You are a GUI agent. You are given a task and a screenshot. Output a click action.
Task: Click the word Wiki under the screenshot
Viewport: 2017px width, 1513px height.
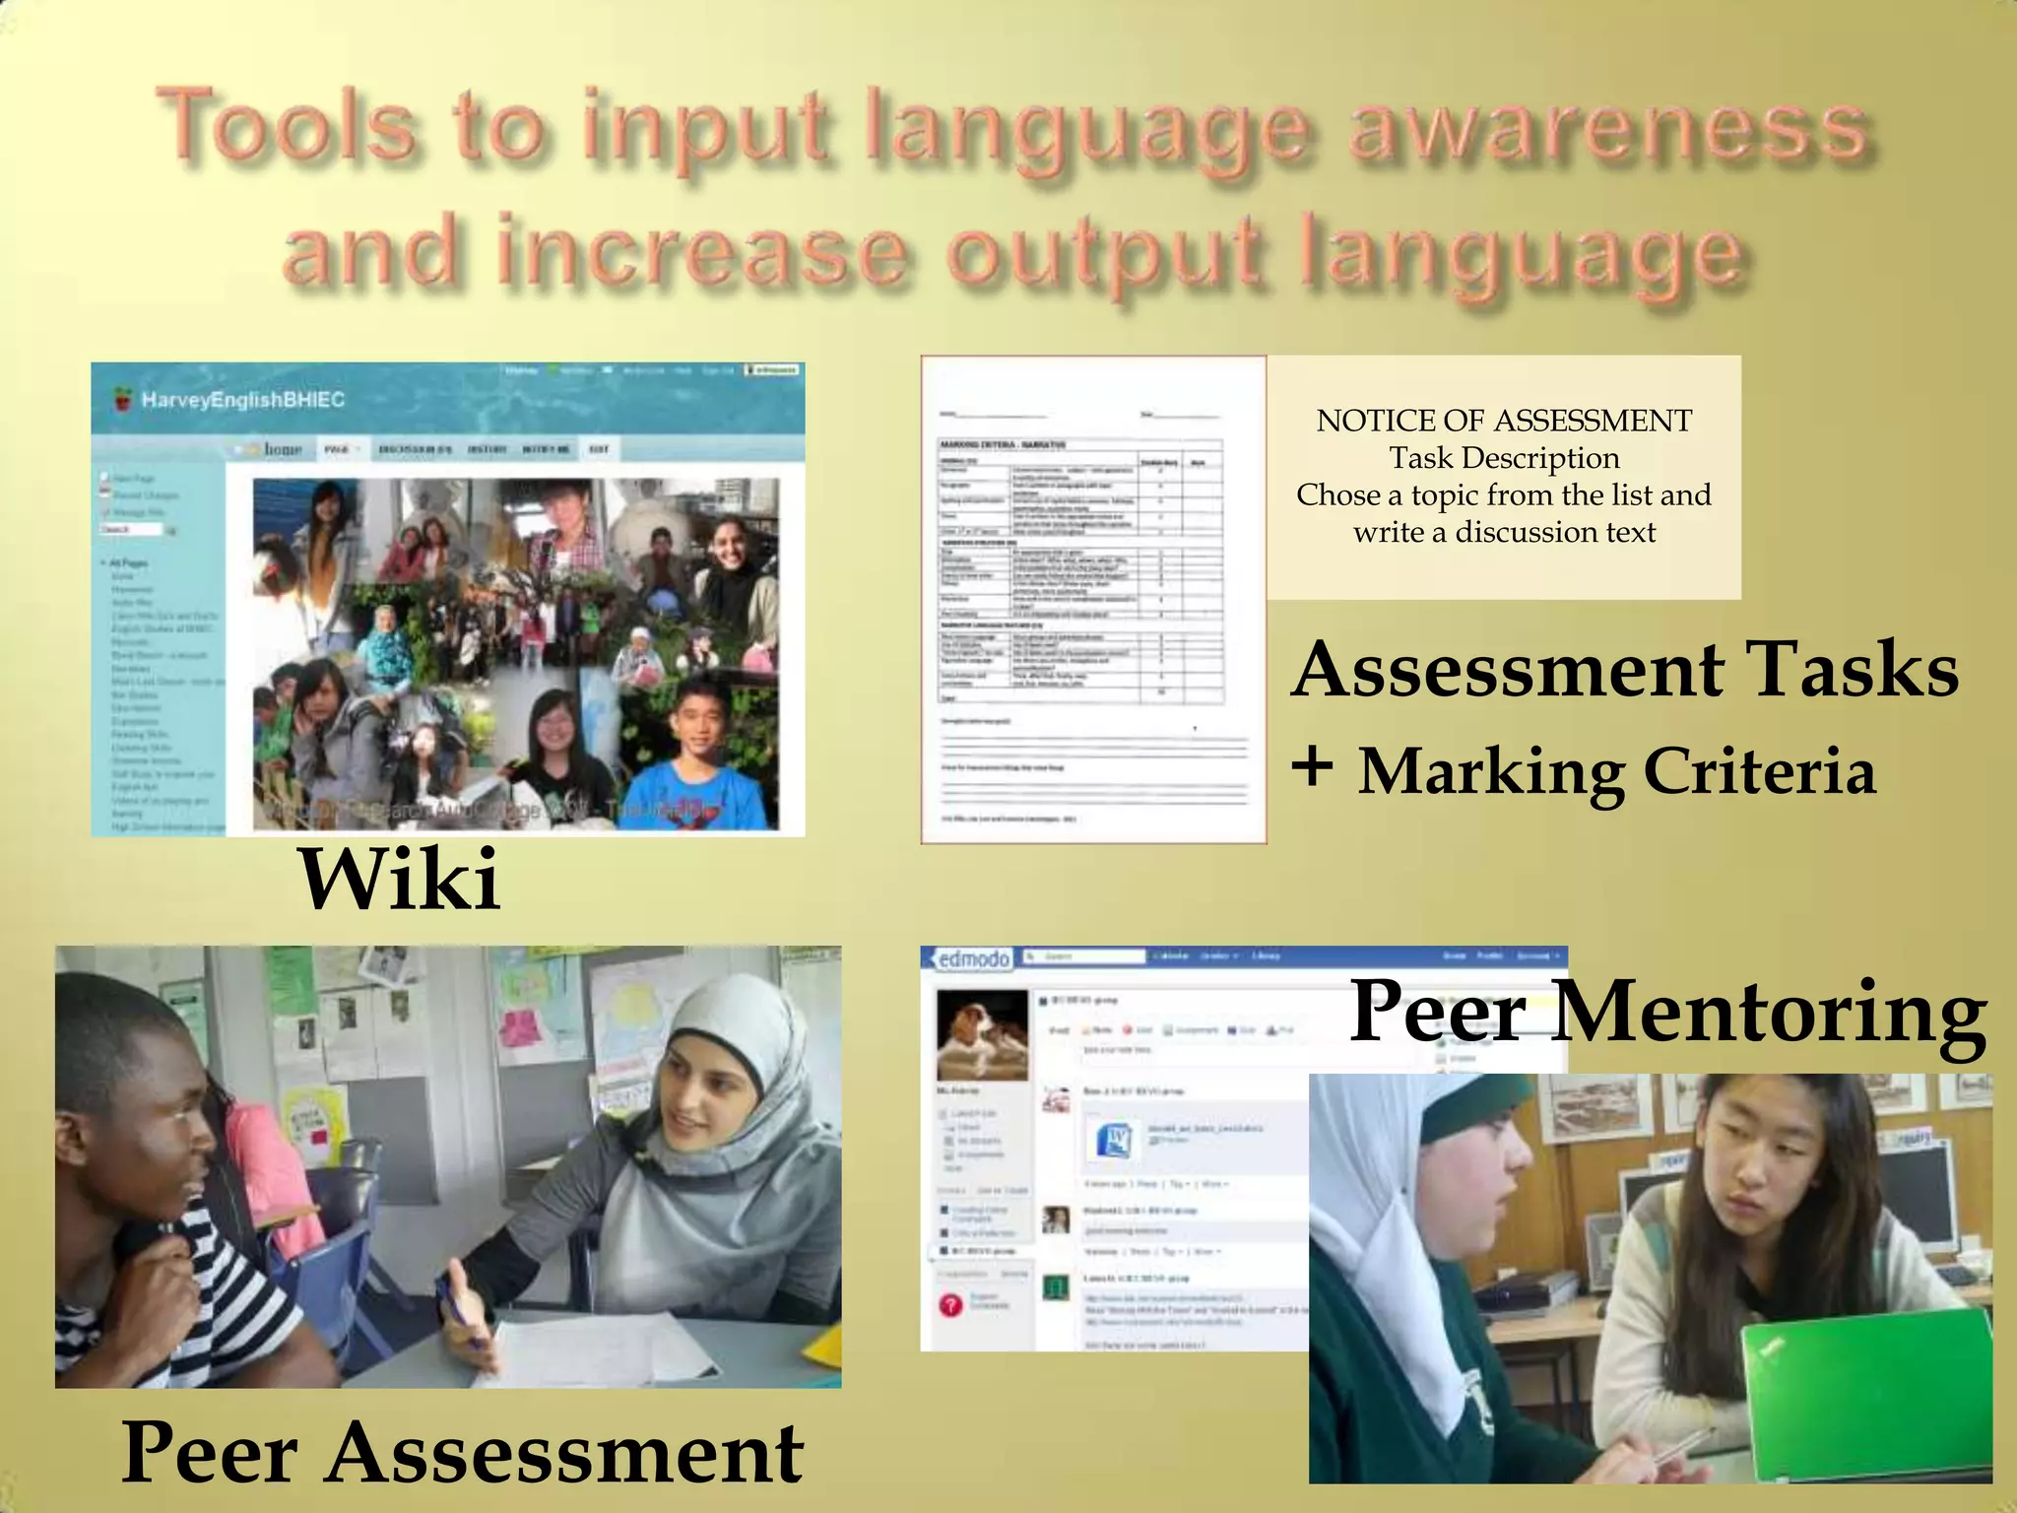point(399,879)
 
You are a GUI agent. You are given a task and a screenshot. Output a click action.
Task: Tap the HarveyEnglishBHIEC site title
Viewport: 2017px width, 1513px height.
point(242,400)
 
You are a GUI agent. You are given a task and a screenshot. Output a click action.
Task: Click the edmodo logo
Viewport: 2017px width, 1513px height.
point(973,958)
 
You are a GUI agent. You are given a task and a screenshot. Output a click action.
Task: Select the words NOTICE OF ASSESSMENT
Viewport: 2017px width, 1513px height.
point(1504,421)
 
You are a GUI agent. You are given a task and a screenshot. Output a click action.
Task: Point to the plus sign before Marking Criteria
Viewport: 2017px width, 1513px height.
point(1313,767)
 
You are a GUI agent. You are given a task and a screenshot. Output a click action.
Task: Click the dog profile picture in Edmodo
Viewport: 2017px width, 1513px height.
point(981,1034)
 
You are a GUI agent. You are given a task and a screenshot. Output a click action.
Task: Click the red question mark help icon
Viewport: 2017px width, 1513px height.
point(950,1304)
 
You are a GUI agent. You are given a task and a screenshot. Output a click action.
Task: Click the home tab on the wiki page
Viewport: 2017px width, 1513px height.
point(282,449)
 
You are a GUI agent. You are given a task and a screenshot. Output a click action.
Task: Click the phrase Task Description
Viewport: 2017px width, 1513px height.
point(1504,458)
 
